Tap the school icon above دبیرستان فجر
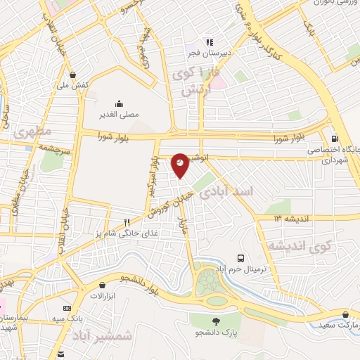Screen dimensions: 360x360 point(209,41)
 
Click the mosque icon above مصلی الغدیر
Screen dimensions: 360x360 point(118,103)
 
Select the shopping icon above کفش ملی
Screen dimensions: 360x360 point(73,74)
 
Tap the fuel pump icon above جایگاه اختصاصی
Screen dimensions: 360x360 point(333,139)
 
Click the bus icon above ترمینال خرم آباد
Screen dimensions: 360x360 point(240,258)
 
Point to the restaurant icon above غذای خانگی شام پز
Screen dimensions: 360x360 point(127,222)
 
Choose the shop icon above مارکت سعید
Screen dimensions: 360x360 point(345,314)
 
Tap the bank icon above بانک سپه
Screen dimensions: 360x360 point(67,308)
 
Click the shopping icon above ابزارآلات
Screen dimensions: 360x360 point(104,285)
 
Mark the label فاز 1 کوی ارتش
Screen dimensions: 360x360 point(198,81)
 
